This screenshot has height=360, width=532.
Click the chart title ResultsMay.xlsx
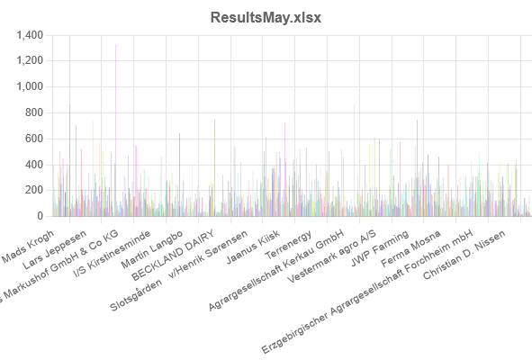[266, 17]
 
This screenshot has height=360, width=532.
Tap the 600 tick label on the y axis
[33, 139]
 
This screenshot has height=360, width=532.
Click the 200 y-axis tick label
[33, 191]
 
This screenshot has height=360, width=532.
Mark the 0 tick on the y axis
[41, 217]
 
